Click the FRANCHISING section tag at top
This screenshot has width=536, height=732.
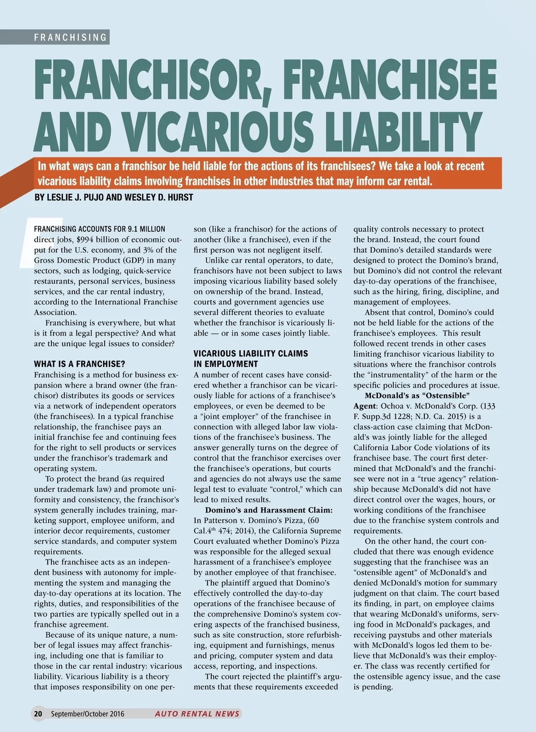pyautogui.click(x=71, y=37)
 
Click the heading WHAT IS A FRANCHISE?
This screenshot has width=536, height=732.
pyautogui.click(x=80, y=364)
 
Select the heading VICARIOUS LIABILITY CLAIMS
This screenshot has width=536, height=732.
pyautogui.click(x=251, y=353)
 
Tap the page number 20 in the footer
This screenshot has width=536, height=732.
pyautogui.click(x=38, y=714)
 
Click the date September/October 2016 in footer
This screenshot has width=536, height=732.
pyautogui.click(x=88, y=714)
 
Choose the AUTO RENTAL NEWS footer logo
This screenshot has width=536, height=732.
pyautogui.click(x=197, y=714)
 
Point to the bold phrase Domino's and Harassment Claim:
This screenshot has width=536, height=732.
pyautogui.click(x=268, y=510)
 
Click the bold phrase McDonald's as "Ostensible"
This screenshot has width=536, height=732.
pyautogui.click(x=417, y=395)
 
